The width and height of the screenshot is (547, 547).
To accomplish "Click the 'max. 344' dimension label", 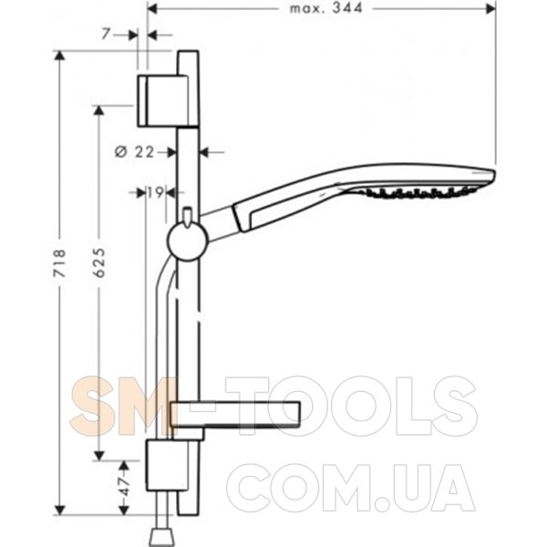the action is tap(326, 8).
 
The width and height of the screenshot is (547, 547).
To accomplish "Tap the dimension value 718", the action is tap(59, 263).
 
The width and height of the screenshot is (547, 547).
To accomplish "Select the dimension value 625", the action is tap(99, 263).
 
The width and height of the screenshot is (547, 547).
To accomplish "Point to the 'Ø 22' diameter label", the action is tap(134, 152).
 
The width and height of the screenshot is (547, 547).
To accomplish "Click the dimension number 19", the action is tap(155, 192).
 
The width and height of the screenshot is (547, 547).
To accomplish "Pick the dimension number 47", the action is tap(125, 486).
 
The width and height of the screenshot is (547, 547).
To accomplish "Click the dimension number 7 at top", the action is tap(107, 35).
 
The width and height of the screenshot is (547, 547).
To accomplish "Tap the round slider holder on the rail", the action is tap(188, 242).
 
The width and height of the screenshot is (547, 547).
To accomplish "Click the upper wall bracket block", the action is tap(163, 100).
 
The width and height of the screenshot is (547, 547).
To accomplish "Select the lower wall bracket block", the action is tap(168, 465).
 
